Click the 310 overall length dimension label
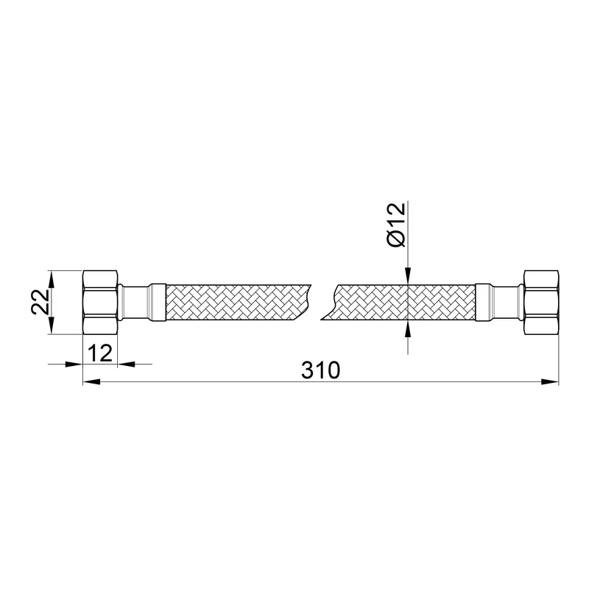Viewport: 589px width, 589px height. pyautogui.click(x=320, y=370)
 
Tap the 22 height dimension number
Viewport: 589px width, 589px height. pyautogui.click(x=40, y=301)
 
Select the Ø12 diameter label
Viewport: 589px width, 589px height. pyautogui.click(x=397, y=225)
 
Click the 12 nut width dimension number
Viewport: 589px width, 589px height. pyautogui.click(x=100, y=353)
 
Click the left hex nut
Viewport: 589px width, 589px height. pyautogui.click(x=100, y=302)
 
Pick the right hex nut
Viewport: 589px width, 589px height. pyautogui.click(x=540, y=302)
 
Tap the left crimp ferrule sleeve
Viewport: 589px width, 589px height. pyautogui.click(x=158, y=303)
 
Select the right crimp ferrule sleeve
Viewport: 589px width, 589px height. pyautogui.click(x=484, y=303)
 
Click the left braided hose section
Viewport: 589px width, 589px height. pyautogui.click(x=238, y=303)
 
